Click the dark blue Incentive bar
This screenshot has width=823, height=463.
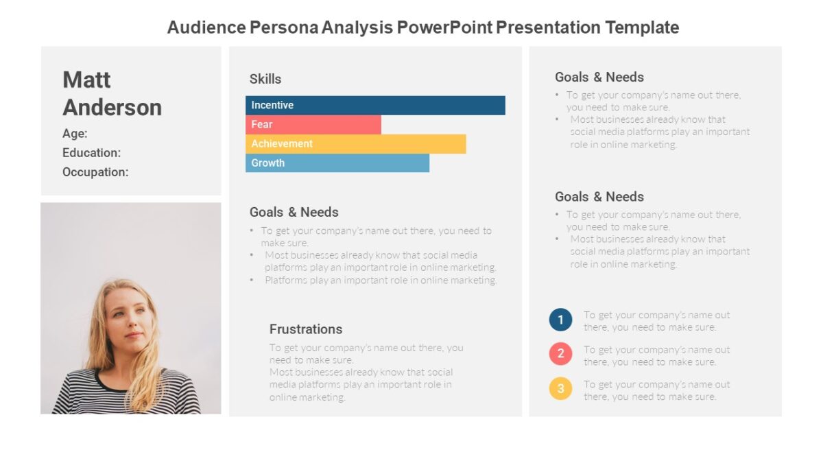pos(375,105)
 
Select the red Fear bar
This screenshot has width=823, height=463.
pos(313,124)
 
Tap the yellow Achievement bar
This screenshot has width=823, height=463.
pos(355,143)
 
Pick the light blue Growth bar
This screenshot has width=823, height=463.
pos(337,163)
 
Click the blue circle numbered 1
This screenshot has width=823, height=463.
pos(560,320)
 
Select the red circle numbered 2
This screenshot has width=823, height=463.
pos(560,354)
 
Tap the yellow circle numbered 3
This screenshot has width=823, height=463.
pos(560,389)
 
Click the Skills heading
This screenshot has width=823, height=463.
pos(265,79)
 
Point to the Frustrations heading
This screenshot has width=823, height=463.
pos(305,329)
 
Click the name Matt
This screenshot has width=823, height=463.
pos(86,80)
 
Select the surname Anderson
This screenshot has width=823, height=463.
pos(112,107)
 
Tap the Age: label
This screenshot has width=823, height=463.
pos(75,134)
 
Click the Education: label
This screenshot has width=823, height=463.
pos(91,153)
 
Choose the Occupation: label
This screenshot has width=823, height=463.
pos(95,172)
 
